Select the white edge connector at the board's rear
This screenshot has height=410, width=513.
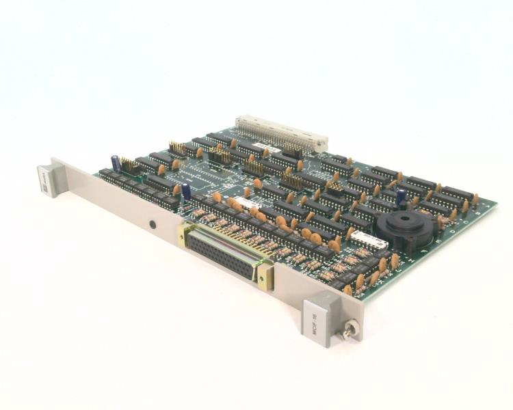pyautogui.click(x=281, y=133)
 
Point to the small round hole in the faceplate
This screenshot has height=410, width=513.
pyautogui.click(x=152, y=224)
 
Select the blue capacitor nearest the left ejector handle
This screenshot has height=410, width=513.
pyautogui.click(x=117, y=165)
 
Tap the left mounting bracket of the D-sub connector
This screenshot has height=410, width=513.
pyautogui.click(x=183, y=234)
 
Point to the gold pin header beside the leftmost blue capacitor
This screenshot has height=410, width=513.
pyautogui.click(x=129, y=165)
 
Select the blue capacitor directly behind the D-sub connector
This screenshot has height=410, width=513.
pyautogui.click(x=186, y=192)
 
